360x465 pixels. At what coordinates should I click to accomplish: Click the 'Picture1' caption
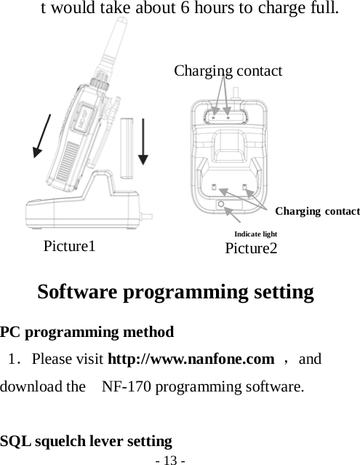(x=70, y=245)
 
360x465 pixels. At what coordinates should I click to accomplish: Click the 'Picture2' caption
(x=251, y=249)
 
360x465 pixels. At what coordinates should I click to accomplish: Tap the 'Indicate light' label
(x=255, y=234)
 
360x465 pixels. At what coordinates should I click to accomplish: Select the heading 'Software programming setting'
(x=175, y=293)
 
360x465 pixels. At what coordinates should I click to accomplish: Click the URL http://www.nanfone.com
(x=191, y=359)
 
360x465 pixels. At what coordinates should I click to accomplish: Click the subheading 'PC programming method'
(x=87, y=333)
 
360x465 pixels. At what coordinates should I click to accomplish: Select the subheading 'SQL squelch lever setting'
(x=87, y=441)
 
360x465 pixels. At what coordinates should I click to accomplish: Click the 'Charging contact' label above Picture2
(x=228, y=71)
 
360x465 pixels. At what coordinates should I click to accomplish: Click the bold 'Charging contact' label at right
(x=318, y=211)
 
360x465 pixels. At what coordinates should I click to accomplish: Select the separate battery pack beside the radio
(x=128, y=148)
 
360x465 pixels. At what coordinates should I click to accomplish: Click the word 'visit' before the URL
(x=91, y=359)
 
